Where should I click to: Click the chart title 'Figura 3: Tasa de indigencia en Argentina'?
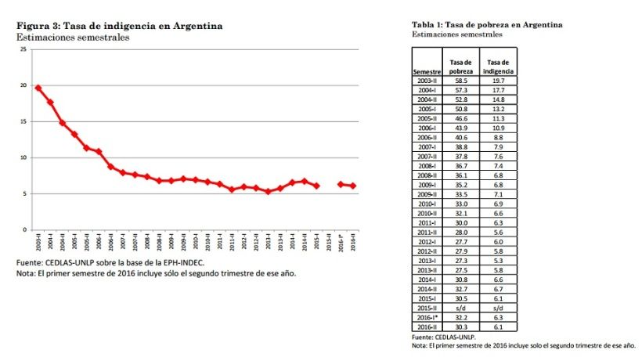(x=119, y=26)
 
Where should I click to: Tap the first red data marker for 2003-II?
(x=38, y=88)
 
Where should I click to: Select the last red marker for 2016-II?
(x=352, y=186)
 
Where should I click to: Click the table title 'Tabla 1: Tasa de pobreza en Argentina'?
(x=486, y=24)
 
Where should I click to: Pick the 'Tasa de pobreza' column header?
(x=460, y=67)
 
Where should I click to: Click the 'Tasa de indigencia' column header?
(x=498, y=67)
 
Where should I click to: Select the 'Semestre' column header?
(x=427, y=71)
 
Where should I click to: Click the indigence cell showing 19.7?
(x=498, y=81)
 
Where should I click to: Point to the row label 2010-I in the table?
(x=427, y=203)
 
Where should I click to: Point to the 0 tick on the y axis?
(x=24, y=229)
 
